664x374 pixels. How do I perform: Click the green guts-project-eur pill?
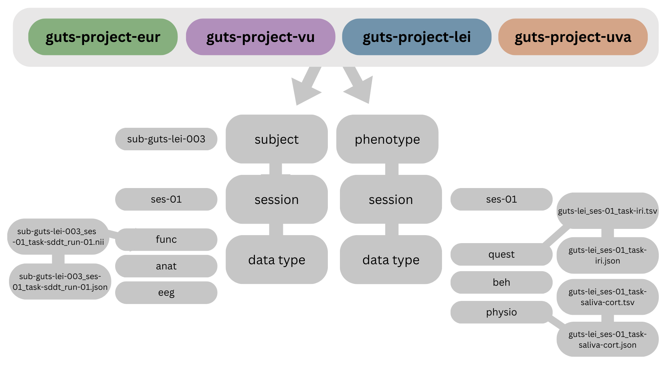(103, 37)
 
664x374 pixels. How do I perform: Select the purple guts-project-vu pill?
(260, 37)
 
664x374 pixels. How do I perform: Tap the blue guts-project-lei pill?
(416, 37)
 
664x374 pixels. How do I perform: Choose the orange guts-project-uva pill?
(573, 37)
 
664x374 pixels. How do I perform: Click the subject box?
(276, 139)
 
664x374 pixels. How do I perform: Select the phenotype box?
(387, 139)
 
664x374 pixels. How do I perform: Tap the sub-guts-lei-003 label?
(166, 139)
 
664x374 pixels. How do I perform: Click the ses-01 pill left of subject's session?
(166, 199)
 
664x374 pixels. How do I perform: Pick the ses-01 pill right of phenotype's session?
(501, 199)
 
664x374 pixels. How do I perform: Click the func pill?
(166, 239)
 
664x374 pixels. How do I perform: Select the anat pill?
(166, 266)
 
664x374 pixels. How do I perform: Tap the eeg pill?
(166, 293)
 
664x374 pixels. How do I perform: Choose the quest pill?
(501, 254)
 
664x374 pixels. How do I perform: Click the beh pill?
(501, 282)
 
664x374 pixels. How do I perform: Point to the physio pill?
(501, 312)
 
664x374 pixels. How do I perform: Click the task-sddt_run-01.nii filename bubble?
(58, 237)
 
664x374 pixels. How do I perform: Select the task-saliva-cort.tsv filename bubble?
(607, 297)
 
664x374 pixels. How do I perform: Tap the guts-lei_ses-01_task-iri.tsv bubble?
(607, 211)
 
